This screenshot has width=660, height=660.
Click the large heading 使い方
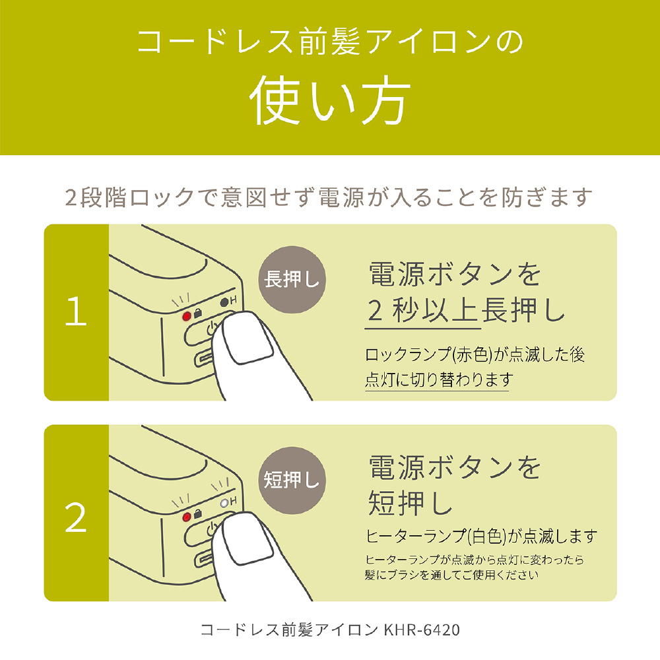pos(330,101)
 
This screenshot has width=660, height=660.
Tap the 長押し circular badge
pos(292,279)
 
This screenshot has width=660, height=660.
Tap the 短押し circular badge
pos(292,480)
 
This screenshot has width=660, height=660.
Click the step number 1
pos(76,311)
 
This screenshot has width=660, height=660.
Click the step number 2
pos(76,517)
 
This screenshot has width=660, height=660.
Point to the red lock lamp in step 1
pos(187,315)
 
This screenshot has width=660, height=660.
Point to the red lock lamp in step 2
pos(187,517)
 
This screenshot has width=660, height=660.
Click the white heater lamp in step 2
pos(224,502)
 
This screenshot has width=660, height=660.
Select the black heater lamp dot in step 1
pos(224,302)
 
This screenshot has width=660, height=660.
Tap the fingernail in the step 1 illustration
pos(248,338)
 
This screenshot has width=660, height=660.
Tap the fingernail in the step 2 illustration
pos(248,539)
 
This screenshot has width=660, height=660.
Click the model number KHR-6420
pos(422,630)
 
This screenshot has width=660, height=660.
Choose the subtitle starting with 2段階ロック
pos(329,197)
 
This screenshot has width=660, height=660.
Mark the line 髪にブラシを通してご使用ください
pos(451,575)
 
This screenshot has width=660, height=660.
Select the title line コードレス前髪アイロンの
pos(330,42)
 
